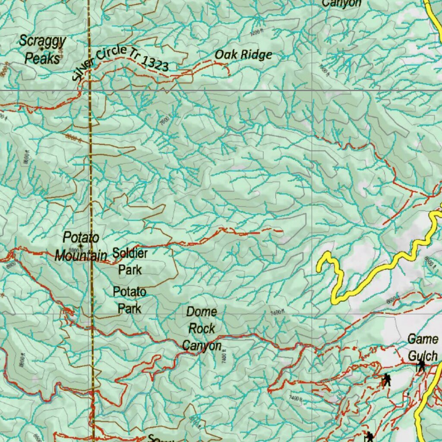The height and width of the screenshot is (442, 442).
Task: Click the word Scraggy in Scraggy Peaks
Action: (42, 42)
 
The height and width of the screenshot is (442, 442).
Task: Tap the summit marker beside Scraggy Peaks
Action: (42, 50)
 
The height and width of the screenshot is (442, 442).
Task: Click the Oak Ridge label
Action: (243, 55)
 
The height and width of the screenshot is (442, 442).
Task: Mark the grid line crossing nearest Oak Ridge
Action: (312, 90)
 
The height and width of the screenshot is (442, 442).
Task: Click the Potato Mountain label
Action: (81, 246)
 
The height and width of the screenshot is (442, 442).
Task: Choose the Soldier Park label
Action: (130, 261)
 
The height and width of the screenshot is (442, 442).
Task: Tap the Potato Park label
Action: (129, 300)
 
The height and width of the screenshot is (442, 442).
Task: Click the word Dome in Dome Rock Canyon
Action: (202, 312)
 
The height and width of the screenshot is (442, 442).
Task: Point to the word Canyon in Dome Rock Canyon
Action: (202, 346)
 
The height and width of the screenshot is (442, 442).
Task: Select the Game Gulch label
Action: (423, 347)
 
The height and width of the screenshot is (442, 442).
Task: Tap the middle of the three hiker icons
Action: (386, 380)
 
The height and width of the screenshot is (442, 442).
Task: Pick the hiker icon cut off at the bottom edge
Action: (369, 436)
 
